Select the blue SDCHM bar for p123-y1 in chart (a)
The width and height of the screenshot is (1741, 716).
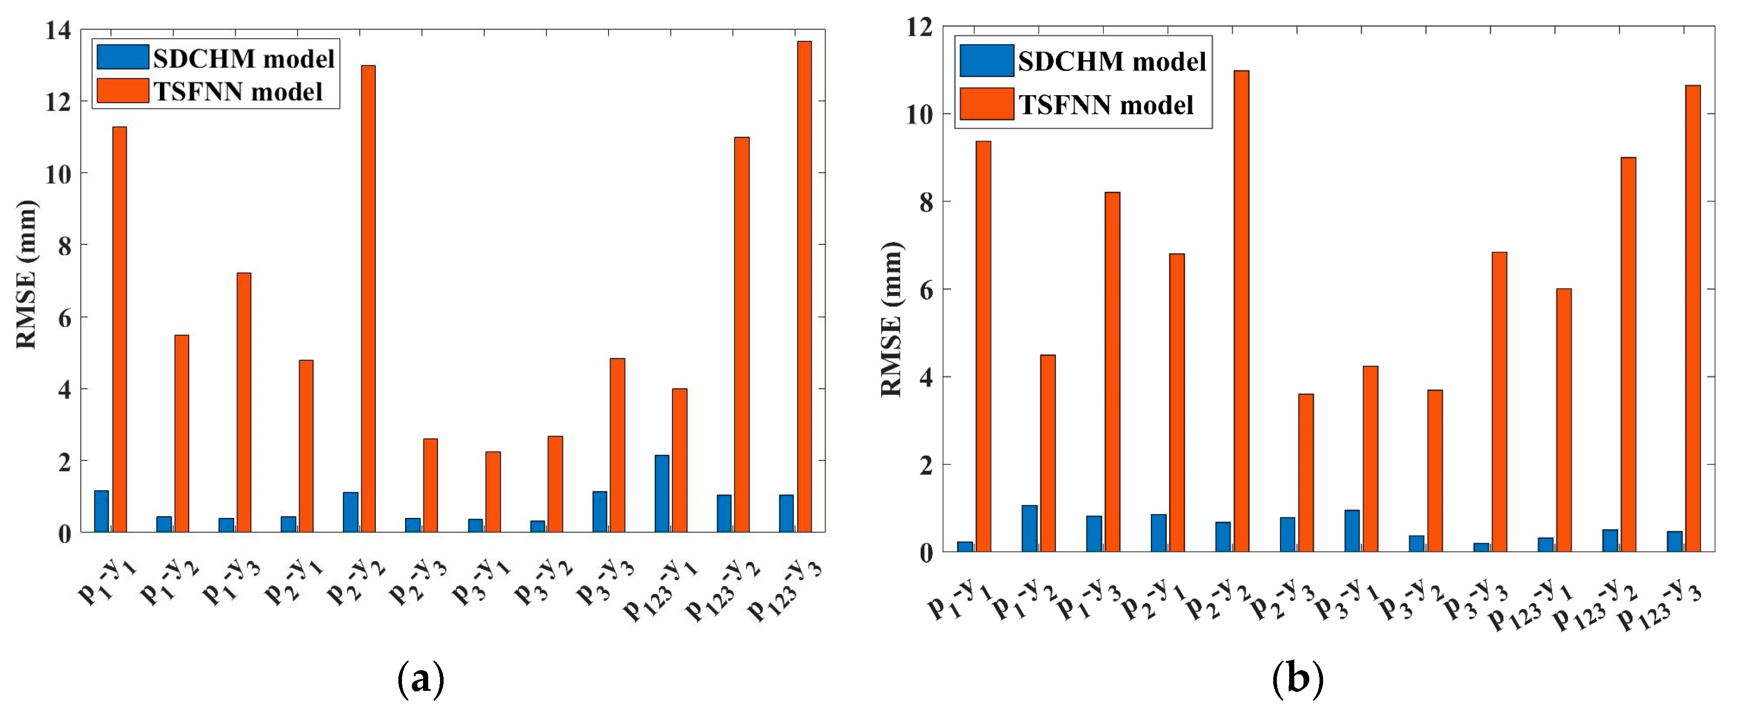(662, 494)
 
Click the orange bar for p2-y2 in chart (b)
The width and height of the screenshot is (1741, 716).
(1241, 311)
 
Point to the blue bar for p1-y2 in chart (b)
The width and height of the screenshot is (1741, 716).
(1029, 528)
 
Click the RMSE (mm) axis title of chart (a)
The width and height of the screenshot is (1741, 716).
(26, 274)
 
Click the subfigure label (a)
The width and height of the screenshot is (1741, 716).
(420, 679)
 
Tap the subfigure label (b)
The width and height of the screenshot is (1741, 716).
(1297, 679)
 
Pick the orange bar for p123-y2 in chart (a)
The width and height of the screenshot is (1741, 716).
(741, 335)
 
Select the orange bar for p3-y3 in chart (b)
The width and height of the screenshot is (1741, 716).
(1499, 402)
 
